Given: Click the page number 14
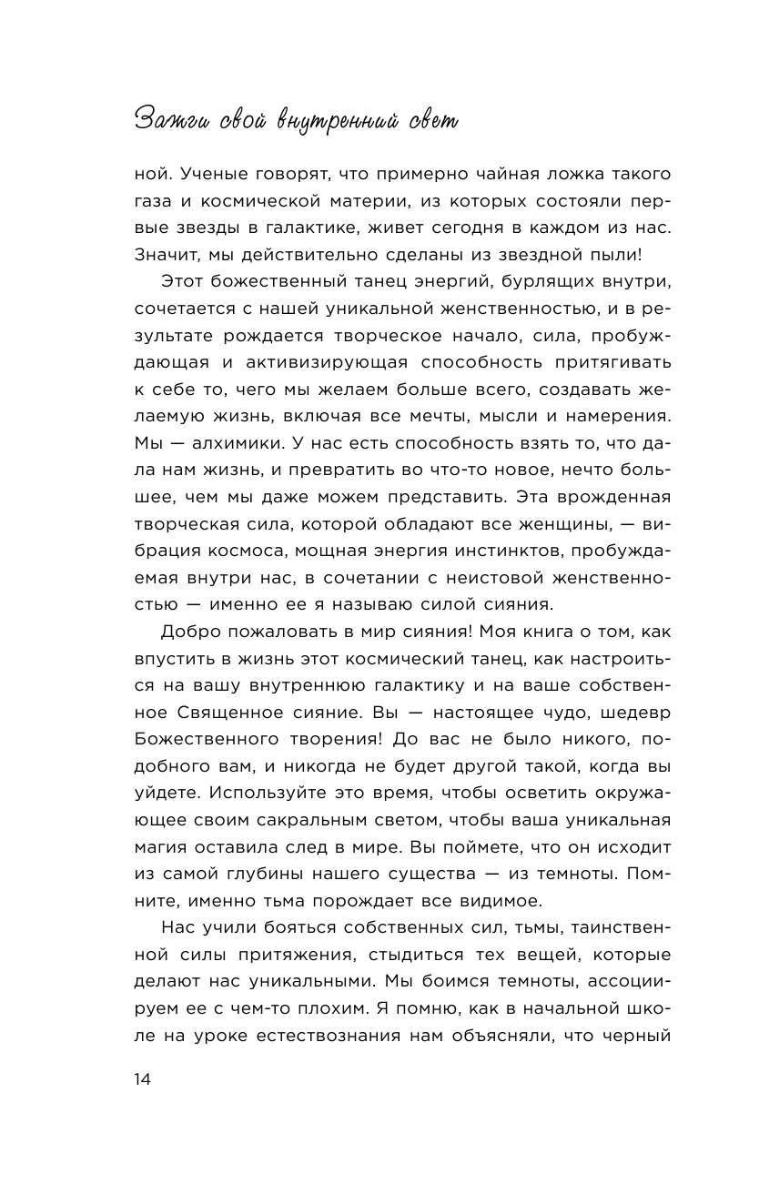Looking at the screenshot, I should click(142, 1079).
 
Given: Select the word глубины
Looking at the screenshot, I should click(260, 875).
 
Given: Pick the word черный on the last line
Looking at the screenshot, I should click(633, 1036).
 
